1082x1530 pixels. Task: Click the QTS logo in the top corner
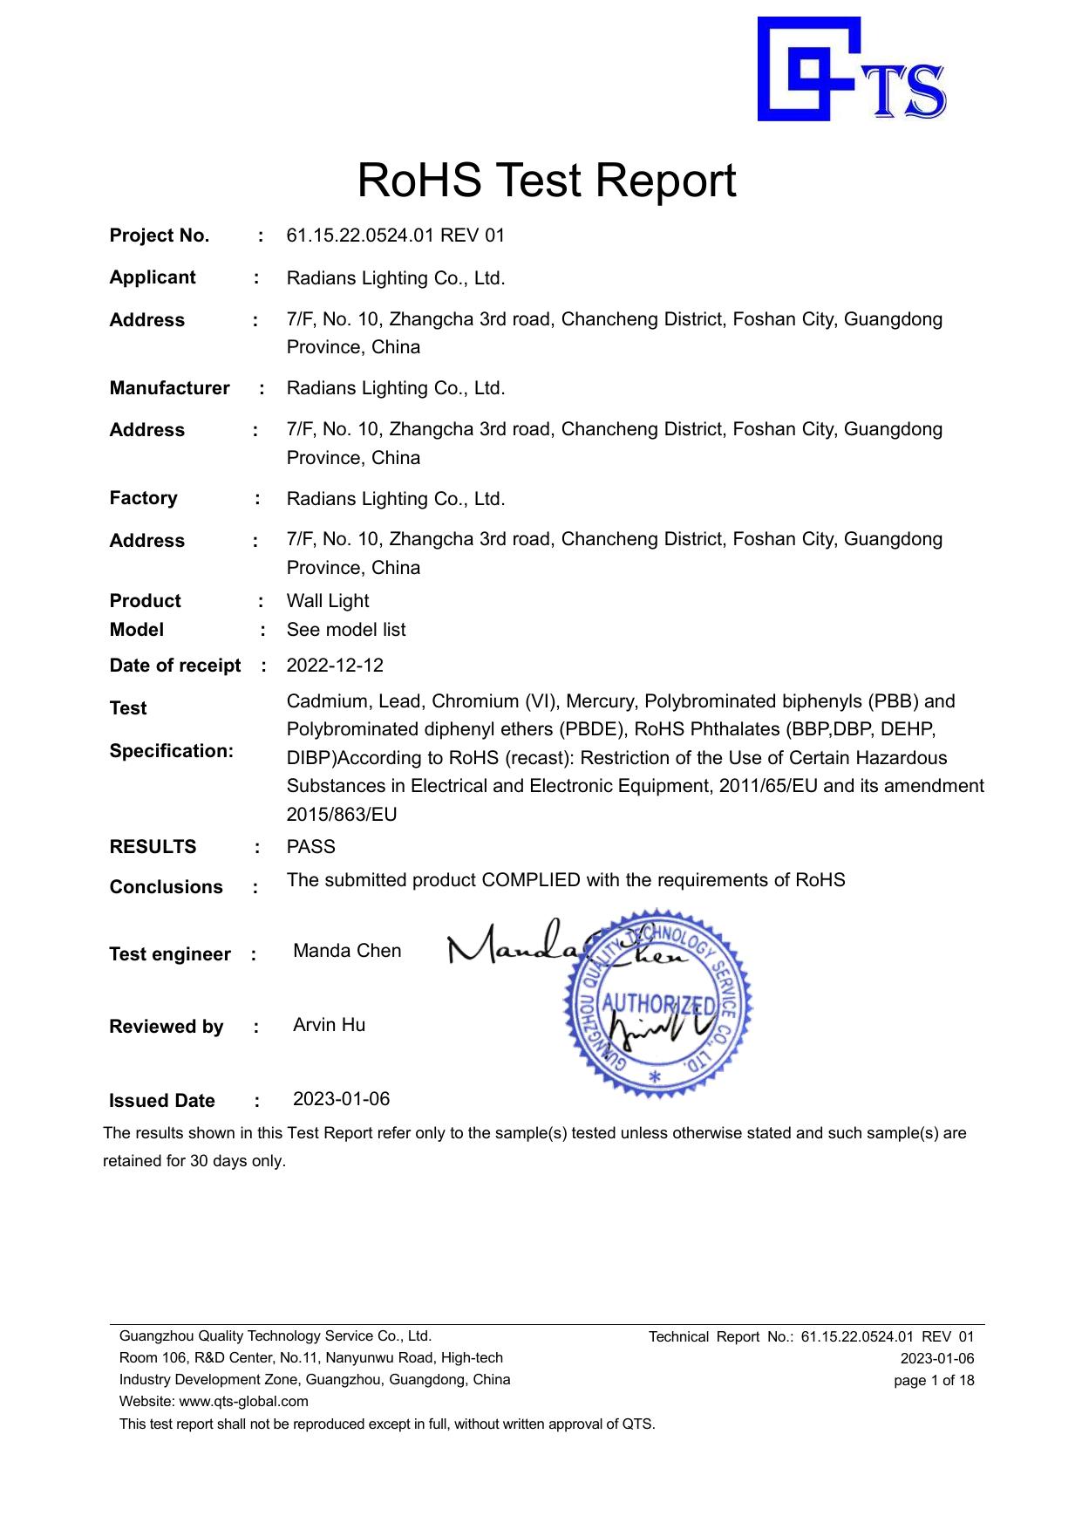[851, 70]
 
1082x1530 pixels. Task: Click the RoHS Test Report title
[547, 181]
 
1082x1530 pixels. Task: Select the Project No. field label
[159, 236]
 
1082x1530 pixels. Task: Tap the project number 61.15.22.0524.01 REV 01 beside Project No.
[395, 236]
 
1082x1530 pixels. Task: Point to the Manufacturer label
[169, 388]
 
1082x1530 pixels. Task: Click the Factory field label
[143, 498]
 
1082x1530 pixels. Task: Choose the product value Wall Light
[327, 601]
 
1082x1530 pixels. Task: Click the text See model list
[345, 630]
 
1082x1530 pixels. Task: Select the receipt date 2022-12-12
[335, 666]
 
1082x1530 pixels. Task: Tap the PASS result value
[310, 847]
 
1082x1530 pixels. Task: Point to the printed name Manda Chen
[347, 951]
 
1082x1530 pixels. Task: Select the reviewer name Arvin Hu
[329, 1025]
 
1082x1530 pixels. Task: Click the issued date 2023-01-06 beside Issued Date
[341, 1098]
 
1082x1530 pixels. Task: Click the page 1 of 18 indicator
[934, 1380]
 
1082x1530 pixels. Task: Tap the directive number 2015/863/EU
[341, 815]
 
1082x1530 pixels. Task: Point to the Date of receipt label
[174, 666]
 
